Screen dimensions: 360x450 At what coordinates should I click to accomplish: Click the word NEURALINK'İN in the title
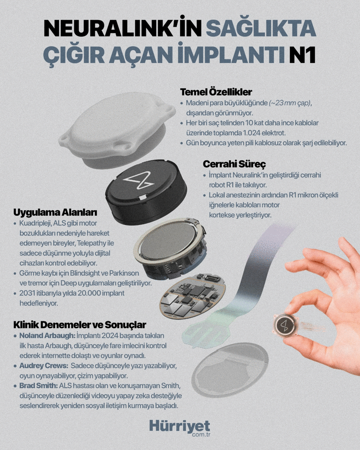tap(123, 28)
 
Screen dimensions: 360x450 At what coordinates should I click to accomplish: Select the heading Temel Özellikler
tap(216, 92)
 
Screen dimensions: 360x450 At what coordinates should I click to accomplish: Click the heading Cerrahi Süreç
tap(234, 164)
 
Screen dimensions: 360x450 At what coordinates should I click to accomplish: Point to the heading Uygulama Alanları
tap(55, 212)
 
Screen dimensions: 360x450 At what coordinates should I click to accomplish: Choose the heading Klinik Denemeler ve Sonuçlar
tap(80, 325)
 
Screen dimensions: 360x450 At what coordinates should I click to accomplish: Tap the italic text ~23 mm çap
tap(290, 103)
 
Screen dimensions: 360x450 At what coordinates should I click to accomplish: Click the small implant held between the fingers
tap(285, 326)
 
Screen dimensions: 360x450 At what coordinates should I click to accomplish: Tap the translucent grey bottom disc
tap(230, 364)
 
